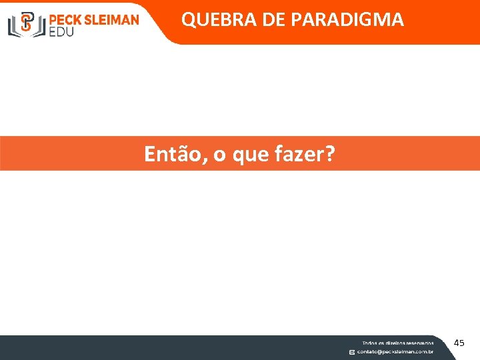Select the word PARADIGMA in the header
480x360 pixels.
[347, 20]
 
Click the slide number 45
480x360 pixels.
[459, 343]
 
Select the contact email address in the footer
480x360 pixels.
[395, 352]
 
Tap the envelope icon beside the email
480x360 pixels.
[352, 352]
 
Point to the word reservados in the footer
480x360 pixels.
[418, 343]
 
